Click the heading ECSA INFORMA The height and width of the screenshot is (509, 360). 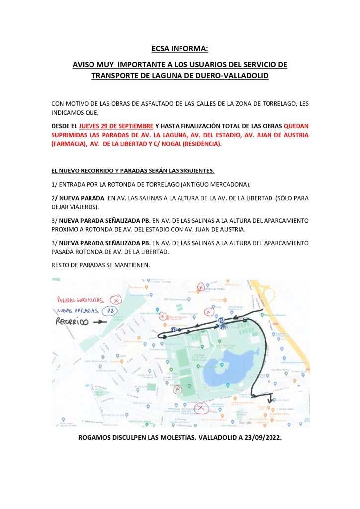(180, 49)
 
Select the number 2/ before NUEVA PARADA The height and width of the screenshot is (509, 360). (55, 198)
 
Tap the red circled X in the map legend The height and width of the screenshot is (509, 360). (116, 300)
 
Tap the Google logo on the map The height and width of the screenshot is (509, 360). (245, 422)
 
